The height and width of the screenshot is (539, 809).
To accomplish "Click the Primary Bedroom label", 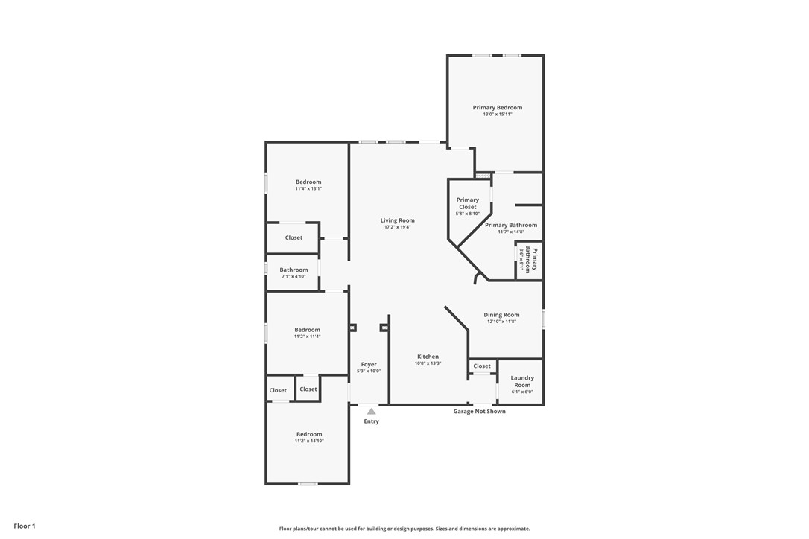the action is click(498, 108).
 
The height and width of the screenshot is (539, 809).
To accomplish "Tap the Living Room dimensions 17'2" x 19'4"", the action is click(397, 227).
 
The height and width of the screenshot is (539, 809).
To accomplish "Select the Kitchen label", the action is click(428, 357).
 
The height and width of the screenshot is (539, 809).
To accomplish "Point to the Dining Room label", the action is click(501, 315).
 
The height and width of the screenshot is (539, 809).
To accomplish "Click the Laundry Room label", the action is click(522, 381).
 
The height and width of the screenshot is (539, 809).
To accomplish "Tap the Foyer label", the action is click(369, 364).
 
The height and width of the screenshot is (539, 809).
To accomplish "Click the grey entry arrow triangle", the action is click(372, 411).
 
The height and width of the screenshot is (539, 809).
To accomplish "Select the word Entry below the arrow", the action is click(372, 421).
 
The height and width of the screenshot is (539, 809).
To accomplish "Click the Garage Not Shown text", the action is click(479, 411).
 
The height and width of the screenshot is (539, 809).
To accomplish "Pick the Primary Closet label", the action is click(467, 203).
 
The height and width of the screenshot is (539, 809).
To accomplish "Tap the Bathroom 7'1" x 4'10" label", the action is click(294, 272).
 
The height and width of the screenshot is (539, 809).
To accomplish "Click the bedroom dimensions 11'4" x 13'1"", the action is click(308, 189).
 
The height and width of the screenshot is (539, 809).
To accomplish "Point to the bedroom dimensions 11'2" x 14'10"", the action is click(309, 441).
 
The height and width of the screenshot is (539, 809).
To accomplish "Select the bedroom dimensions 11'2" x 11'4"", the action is click(308, 337).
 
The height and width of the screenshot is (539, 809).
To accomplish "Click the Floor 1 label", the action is click(25, 526).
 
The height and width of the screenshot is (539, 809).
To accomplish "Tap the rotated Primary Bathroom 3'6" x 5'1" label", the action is click(528, 260).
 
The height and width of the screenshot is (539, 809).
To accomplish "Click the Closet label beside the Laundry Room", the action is click(482, 366).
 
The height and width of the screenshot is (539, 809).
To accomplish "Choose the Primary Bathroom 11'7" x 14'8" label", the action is click(511, 228).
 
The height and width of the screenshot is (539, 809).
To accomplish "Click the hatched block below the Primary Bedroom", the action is click(483, 176).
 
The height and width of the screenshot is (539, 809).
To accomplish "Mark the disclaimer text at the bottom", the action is click(404, 528).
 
